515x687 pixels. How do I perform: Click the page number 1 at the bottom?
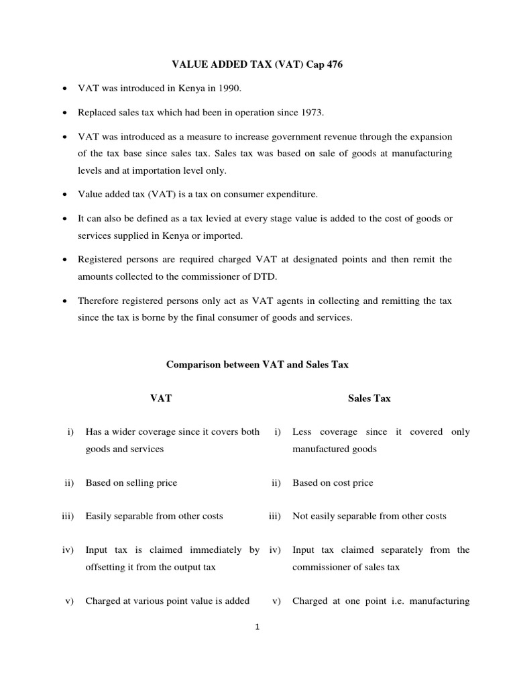pos(257,627)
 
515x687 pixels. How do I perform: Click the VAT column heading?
pos(161,399)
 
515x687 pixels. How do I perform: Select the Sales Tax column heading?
pos(369,399)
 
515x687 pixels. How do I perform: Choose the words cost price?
pos(350,482)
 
